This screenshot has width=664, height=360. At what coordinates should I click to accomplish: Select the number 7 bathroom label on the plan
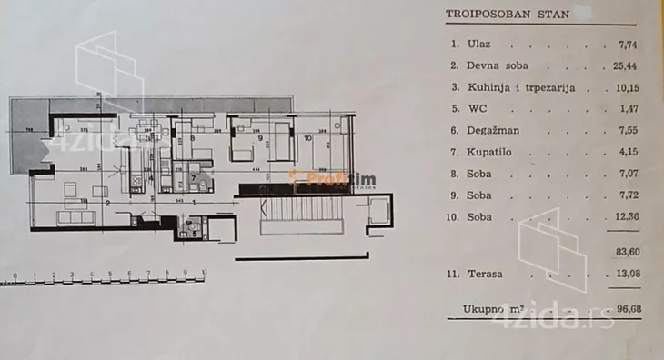click(x=193, y=176)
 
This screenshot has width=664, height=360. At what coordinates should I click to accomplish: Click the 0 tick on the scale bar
click(x=16, y=272)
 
